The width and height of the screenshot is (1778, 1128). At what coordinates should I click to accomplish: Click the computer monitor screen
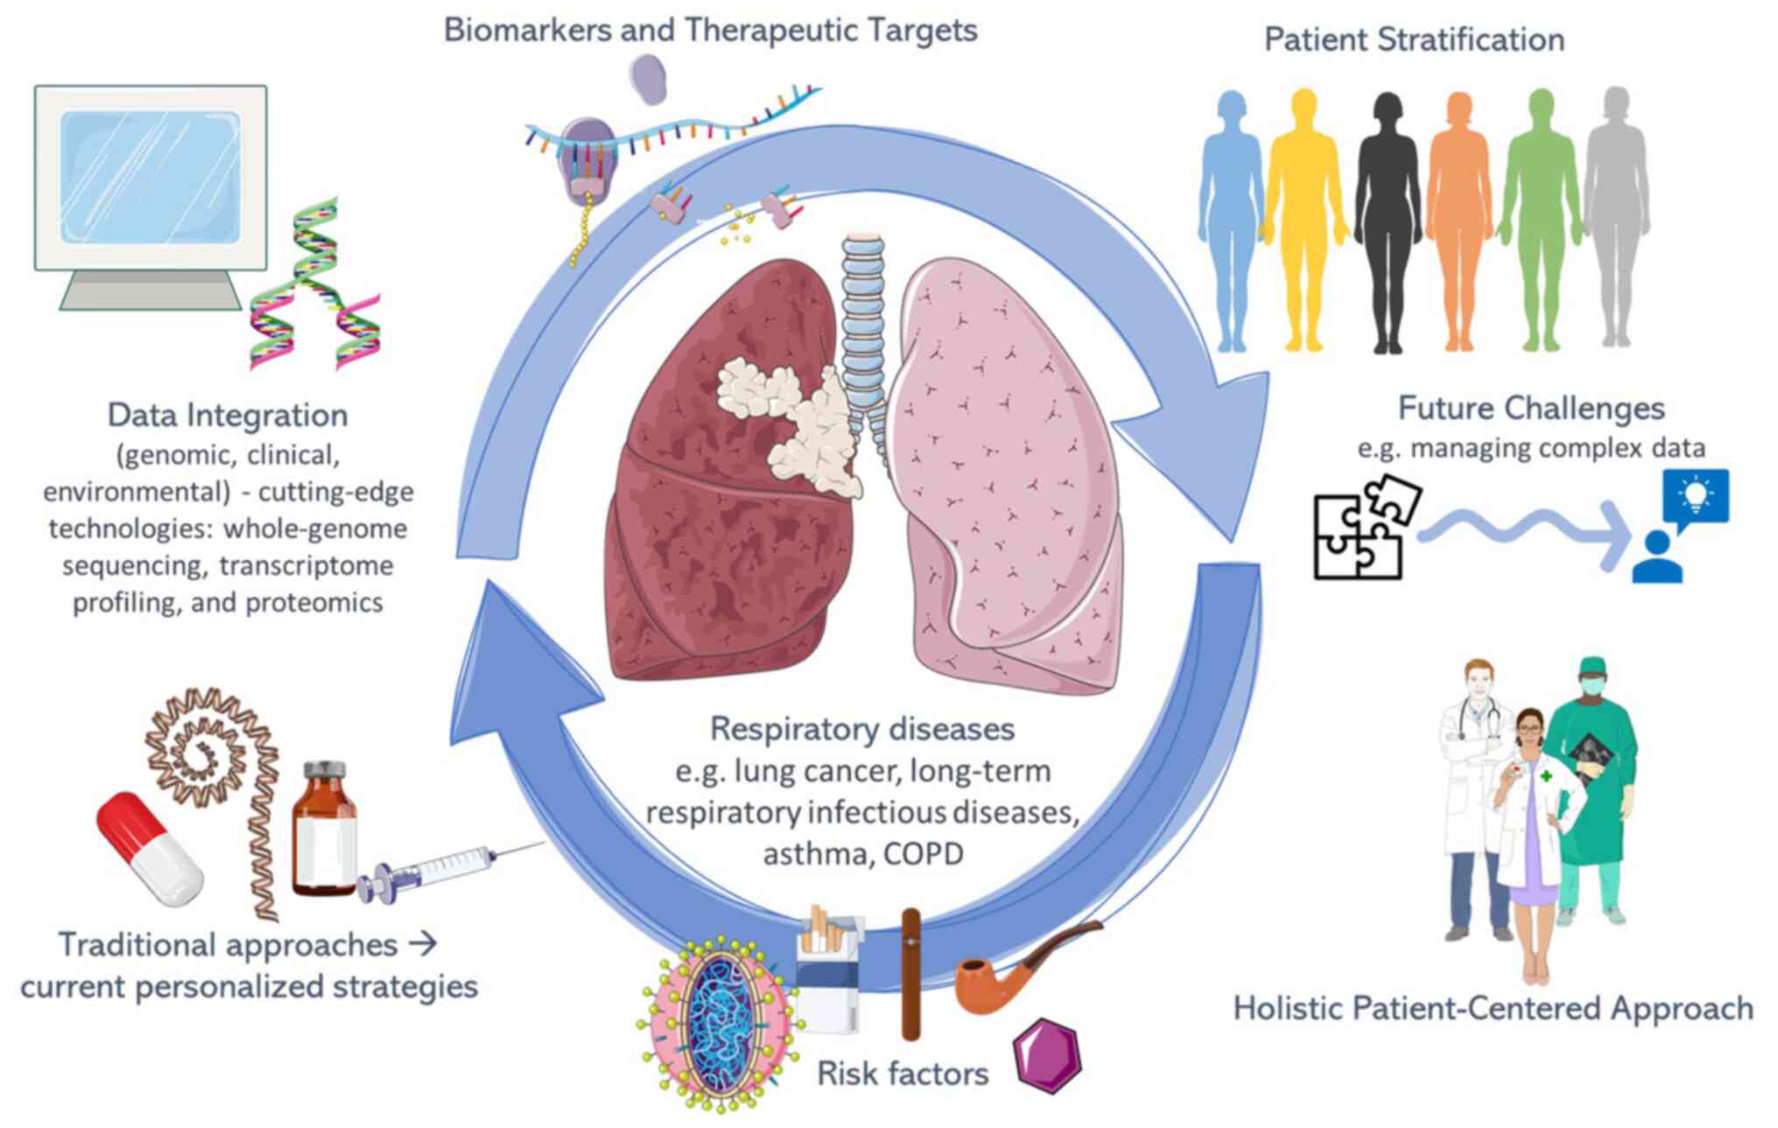(151, 176)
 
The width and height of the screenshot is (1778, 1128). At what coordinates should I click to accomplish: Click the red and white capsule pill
(149, 849)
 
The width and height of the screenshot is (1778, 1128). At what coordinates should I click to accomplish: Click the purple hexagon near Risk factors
(1047, 1055)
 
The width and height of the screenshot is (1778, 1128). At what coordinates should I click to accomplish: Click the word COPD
(923, 854)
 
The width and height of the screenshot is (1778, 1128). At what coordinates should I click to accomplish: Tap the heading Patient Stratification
(1414, 39)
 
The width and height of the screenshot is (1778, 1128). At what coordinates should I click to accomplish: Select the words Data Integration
(228, 415)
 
